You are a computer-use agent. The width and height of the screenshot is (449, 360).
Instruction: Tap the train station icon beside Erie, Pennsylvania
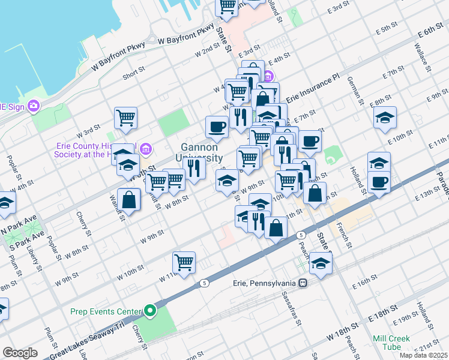click(x=304, y=283)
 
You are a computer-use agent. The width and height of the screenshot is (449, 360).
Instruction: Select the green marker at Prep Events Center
click(x=149, y=311)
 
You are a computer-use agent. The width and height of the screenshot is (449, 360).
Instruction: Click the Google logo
click(x=20, y=353)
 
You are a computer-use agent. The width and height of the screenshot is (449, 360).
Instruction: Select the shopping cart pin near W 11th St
click(x=184, y=262)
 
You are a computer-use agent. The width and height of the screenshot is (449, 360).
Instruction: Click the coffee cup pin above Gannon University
click(x=216, y=127)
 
